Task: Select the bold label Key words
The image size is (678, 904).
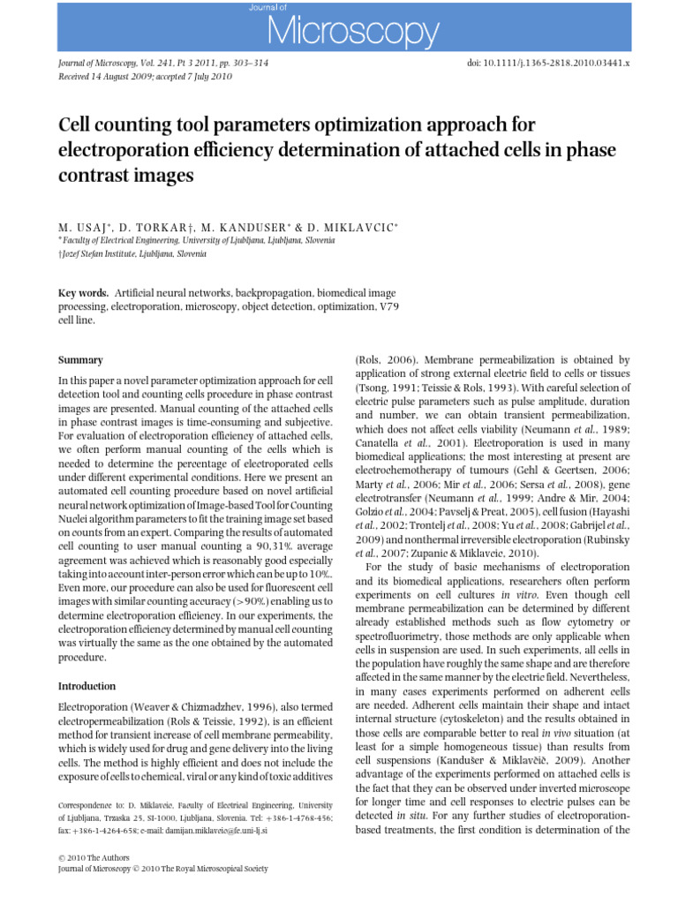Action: point(83,292)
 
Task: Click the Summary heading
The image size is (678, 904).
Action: point(80,360)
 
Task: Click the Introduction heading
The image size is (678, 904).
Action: point(87,686)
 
